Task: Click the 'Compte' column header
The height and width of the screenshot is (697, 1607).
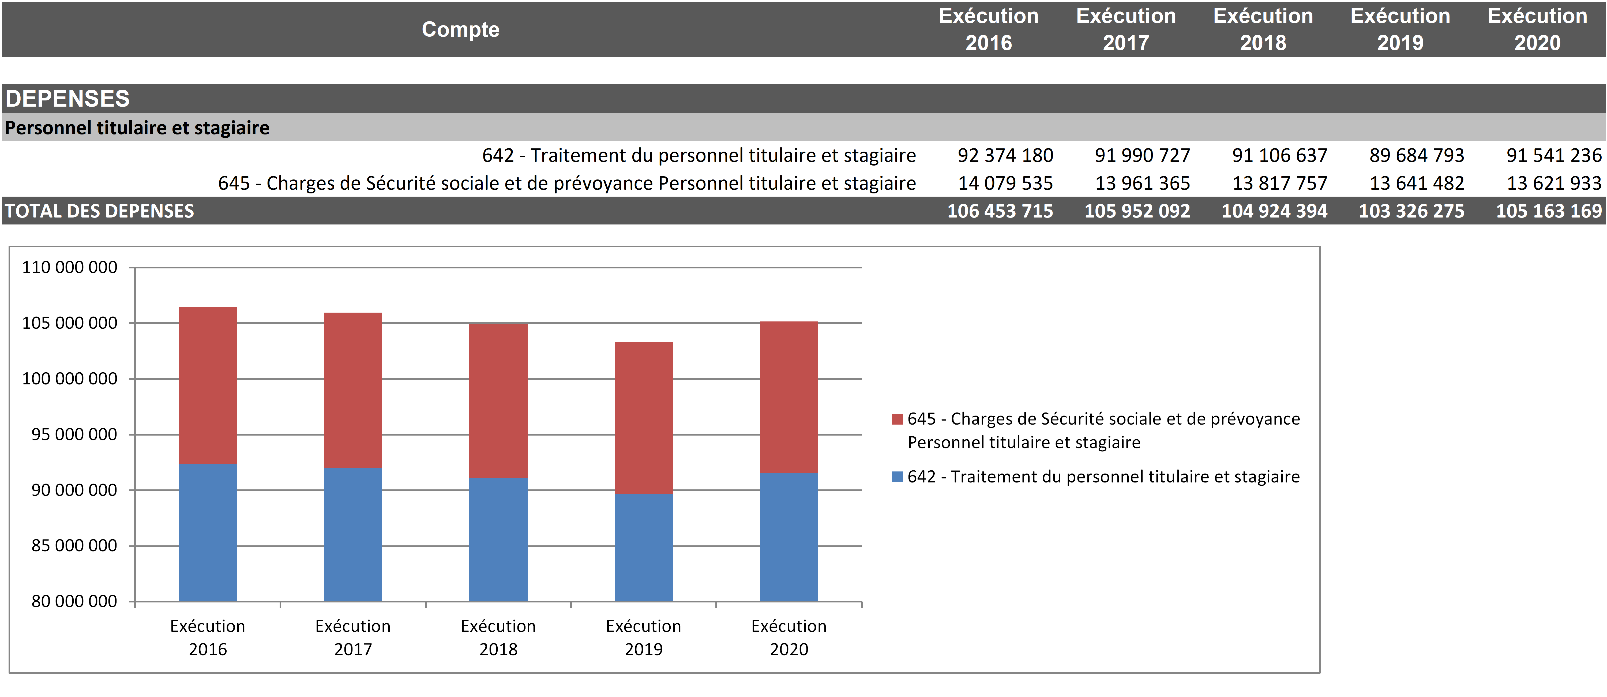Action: (460, 29)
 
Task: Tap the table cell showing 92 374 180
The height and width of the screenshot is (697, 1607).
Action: (1005, 155)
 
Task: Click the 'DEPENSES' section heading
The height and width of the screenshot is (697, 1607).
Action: (67, 99)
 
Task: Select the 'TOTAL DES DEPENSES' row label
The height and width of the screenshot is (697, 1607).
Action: (100, 211)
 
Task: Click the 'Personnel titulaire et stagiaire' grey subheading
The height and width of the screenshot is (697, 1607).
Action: (137, 128)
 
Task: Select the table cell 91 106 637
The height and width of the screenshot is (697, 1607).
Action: (1279, 155)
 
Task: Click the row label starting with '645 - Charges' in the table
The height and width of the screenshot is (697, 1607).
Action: (566, 183)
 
